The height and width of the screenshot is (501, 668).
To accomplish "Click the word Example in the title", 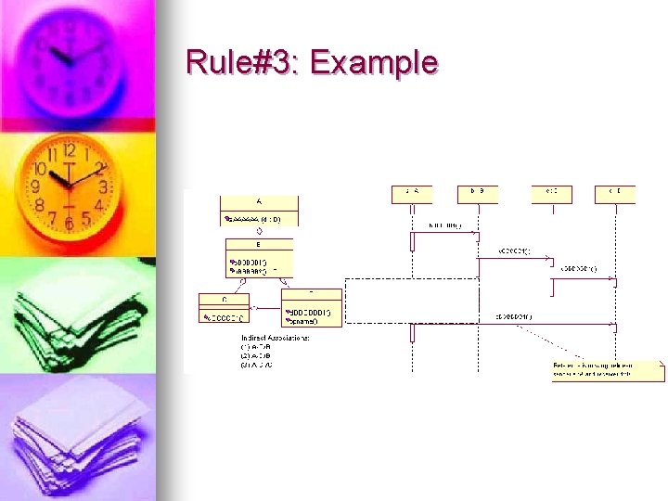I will [373, 63].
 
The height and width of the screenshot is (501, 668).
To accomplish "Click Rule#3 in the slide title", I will [244, 63].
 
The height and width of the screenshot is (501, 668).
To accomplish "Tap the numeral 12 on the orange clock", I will [69, 150].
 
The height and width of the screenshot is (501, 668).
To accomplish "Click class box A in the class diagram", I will [259, 210].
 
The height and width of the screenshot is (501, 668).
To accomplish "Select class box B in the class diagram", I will [259, 257].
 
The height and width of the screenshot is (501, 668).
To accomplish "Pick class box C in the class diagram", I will [224, 308].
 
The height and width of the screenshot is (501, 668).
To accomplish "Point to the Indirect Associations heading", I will [275, 338].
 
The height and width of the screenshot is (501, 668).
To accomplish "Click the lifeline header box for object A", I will [412, 193].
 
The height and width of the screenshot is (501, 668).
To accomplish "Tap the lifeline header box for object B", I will [478, 193].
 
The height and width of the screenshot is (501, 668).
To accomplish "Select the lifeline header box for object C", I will [551, 193].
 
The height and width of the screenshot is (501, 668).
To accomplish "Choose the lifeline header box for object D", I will [616, 193].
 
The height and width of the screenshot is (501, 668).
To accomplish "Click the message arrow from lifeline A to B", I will [445, 233].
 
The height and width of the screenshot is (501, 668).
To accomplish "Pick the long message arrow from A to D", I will [515, 324].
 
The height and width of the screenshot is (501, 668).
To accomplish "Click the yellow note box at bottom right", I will [608, 370].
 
